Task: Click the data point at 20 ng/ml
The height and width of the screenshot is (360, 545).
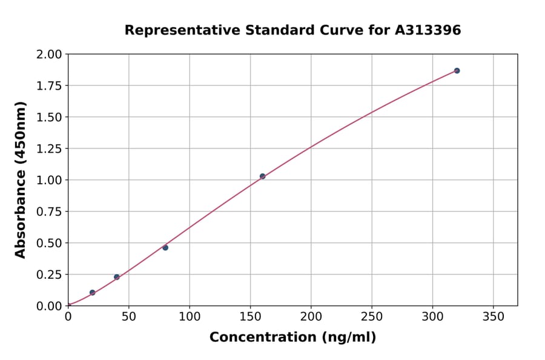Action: (x=92, y=293)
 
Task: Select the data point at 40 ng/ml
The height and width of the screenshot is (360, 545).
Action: (x=117, y=277)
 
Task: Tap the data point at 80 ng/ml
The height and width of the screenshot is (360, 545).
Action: (x=165, y=247)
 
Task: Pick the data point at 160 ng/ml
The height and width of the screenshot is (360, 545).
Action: (x=262, y=176)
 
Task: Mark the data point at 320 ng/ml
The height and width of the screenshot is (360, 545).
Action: (x=457, y=71)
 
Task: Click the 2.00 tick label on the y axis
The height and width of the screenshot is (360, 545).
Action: (x=49, y=55)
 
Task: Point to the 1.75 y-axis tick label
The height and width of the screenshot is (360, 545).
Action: (x=49, y=86)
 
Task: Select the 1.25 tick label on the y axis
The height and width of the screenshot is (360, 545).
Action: (x=49, y=149)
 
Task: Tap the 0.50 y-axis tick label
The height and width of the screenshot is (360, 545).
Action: (x=49, y=243)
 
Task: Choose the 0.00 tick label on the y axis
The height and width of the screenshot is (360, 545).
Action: (x=49, y=306)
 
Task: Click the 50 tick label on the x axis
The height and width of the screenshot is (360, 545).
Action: (x=128, y=317)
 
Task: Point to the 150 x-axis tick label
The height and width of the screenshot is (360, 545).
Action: (x=250, y=317)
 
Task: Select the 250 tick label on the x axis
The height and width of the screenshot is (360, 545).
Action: (x=372, y=317)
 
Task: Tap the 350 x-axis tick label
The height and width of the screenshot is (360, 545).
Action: (x=493, y=317)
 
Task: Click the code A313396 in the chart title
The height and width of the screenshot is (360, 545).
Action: (x=428, y=30)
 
